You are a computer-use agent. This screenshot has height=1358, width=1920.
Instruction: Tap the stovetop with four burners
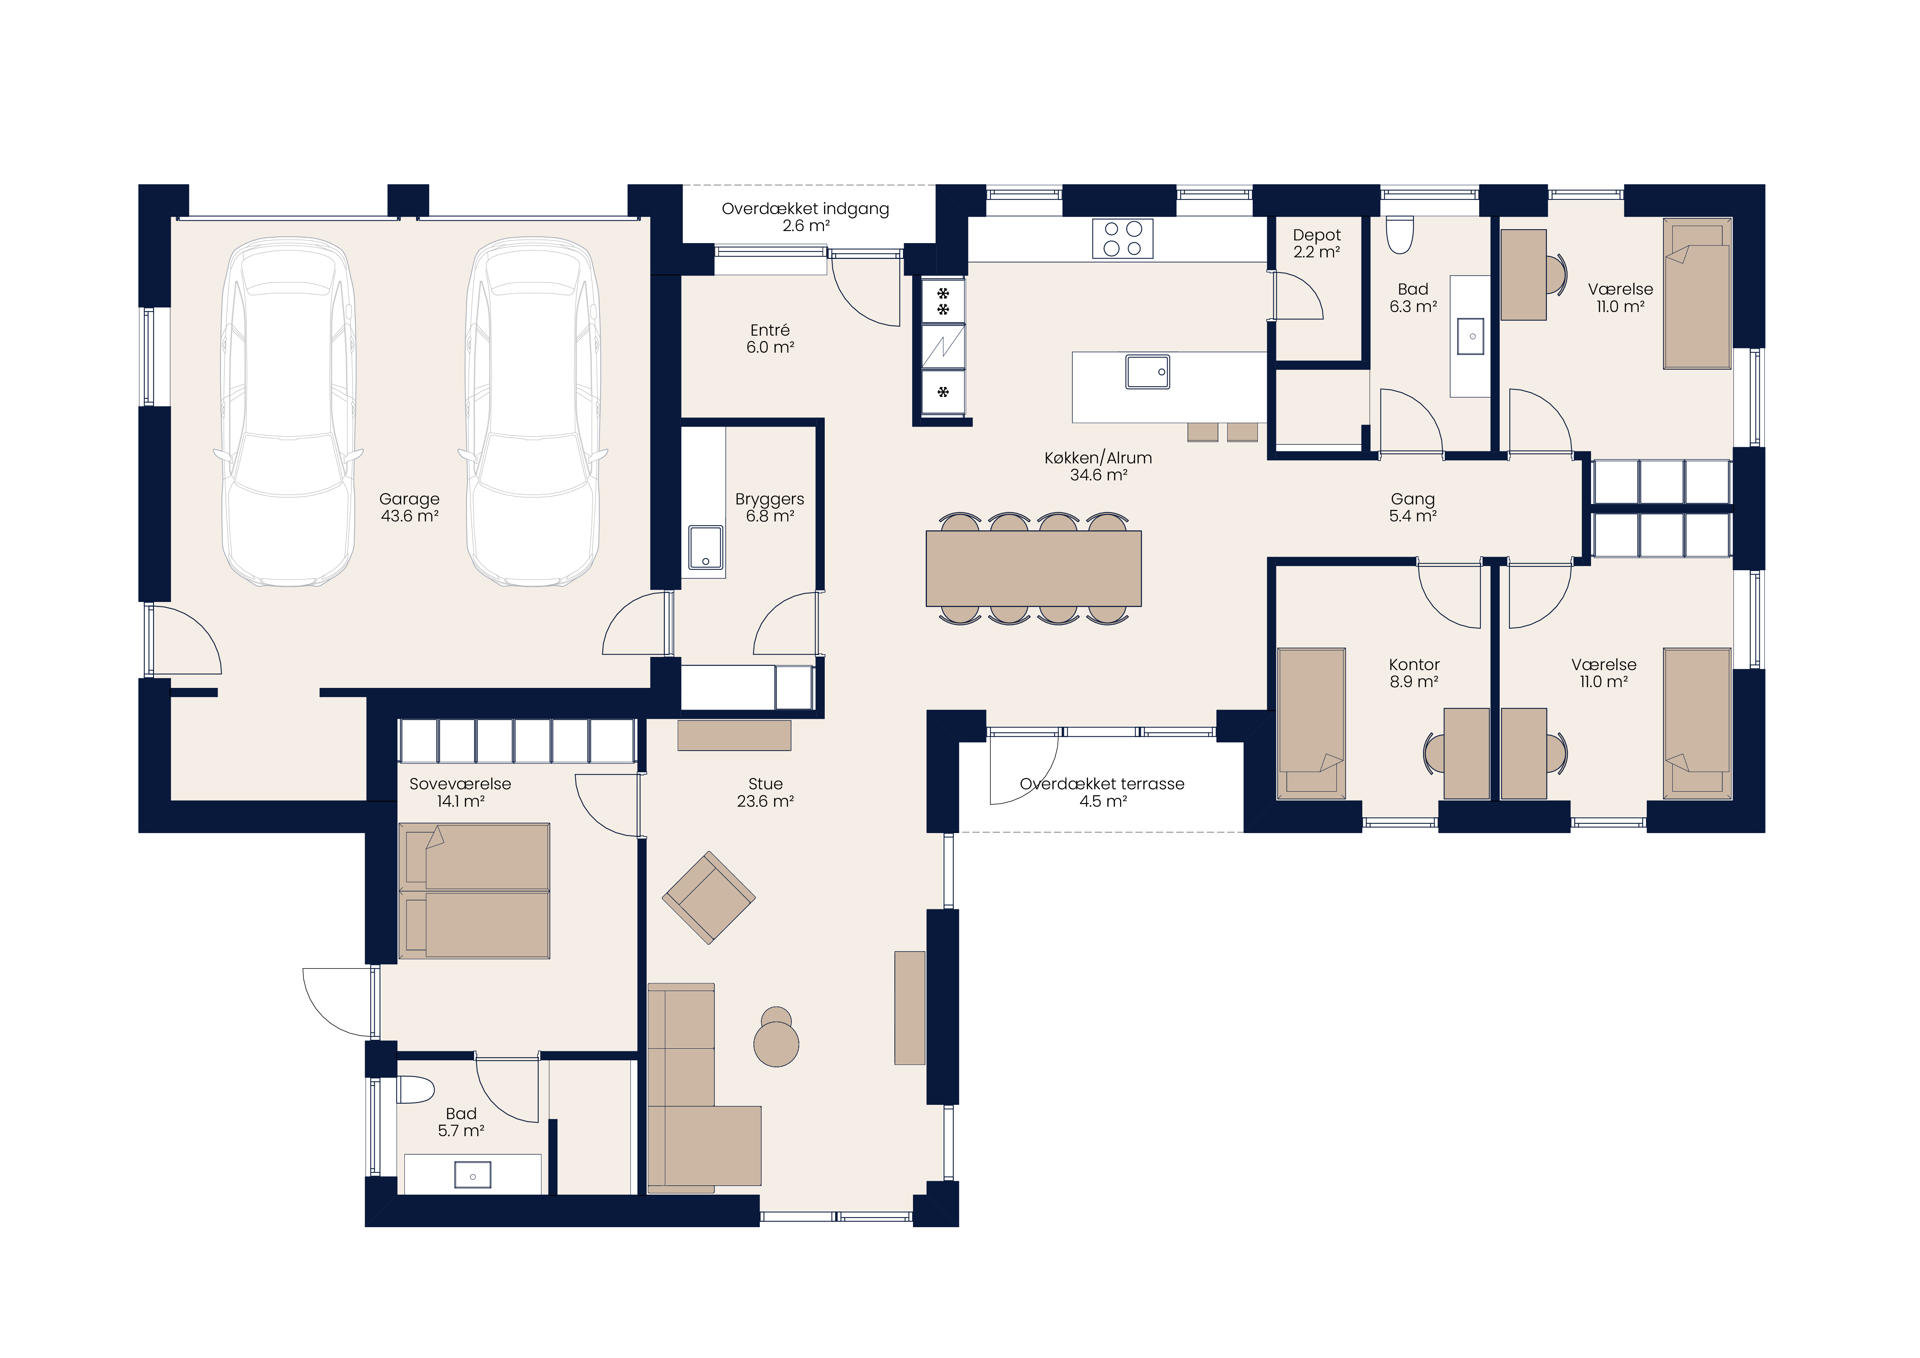coord(1122,238)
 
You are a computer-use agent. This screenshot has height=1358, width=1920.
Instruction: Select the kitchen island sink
coord(1147,372)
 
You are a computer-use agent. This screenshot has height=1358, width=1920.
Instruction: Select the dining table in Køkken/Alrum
coord(1034,569)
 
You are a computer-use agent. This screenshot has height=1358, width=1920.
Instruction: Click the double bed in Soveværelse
coord(474,891)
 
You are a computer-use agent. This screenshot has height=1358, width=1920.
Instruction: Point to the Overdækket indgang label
coord(805,216)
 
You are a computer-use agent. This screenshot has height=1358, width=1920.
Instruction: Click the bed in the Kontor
coord(1311,723)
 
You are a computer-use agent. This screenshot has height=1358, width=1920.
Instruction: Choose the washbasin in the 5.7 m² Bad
coord(473,1175)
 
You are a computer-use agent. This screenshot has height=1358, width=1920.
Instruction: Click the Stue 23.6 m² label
coord(765,792)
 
